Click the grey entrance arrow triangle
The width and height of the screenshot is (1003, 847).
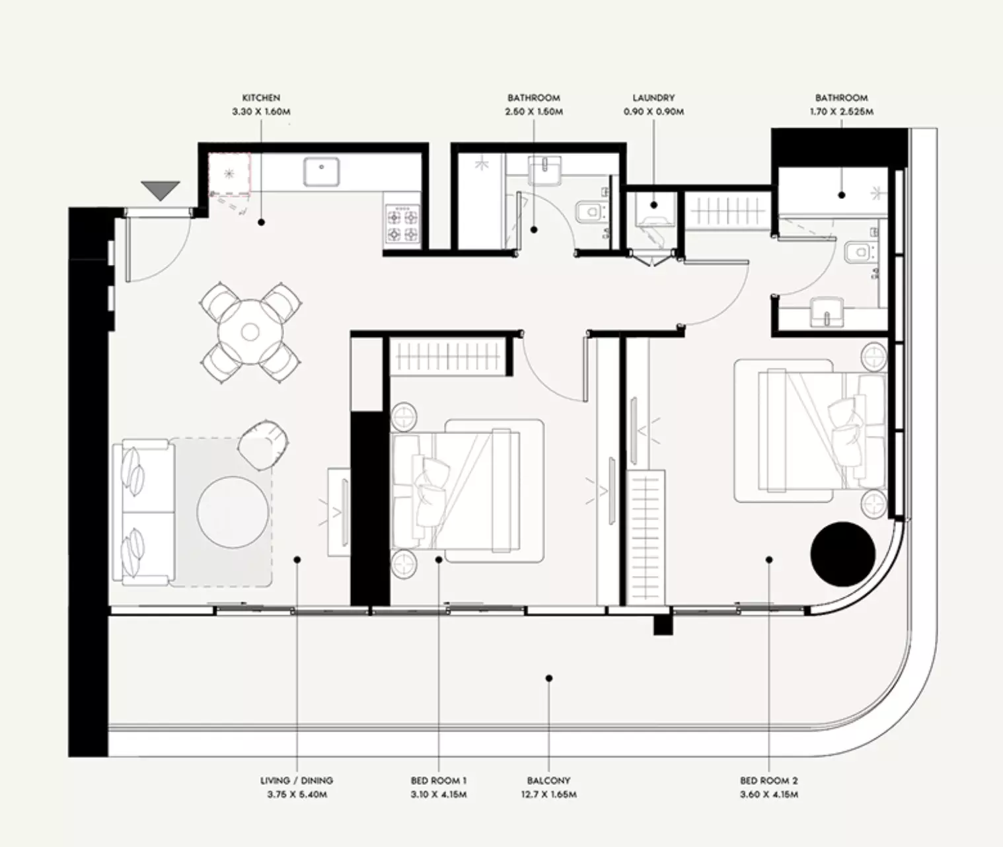point(161,190)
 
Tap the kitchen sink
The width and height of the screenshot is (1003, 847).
point(321,172)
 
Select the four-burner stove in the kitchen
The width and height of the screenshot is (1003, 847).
point(402,223)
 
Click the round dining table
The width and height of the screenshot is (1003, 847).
point(250,332)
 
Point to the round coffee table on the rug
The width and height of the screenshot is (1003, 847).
point(233,512)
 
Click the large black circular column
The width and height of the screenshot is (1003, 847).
point(842,554)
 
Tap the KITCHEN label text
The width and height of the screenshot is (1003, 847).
point(261,98)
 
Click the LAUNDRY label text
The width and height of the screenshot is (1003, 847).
point(653,98)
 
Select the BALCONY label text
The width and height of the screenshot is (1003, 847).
point(548,781)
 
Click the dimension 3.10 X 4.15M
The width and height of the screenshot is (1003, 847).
point(439,795)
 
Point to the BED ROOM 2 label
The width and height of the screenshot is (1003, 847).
point(769,781)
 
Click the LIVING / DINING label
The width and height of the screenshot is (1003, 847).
point(297,781)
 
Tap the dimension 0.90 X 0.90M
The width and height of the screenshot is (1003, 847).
point(653,112)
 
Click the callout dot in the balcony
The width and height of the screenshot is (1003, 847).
point(549,679)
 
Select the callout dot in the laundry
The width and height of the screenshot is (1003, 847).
point(653,205)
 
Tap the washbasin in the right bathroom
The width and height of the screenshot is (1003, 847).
point(827,312)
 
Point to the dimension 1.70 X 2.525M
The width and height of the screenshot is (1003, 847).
point(841,112)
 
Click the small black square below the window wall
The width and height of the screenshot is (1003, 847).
point(663,625)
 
